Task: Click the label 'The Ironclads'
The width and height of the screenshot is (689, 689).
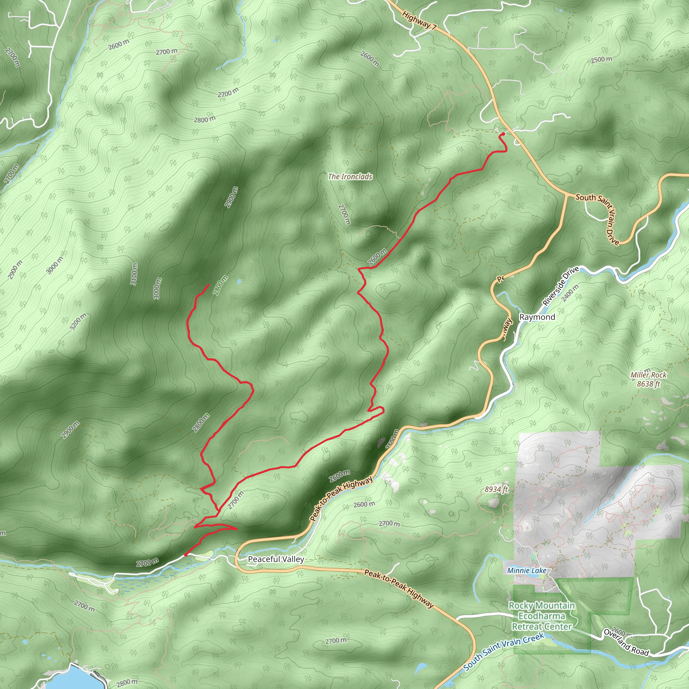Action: tap(350, 177)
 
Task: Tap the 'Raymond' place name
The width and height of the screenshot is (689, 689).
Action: tap(537, 317)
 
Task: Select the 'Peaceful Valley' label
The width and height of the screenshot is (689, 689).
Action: tap(276, 559)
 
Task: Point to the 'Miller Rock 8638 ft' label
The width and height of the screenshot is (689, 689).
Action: tap(648, 379)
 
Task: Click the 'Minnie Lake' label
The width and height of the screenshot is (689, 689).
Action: tap(527, 571)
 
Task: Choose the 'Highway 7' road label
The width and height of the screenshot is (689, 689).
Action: tap(419, 20)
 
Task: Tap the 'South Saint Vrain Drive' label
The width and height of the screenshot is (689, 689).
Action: tap(598, 218)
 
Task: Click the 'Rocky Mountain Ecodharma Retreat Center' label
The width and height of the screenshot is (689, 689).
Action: tap(541, 616)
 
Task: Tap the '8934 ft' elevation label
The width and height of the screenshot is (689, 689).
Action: tap(496, 489)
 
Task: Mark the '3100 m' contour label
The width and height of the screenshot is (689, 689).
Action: tap(134, 274)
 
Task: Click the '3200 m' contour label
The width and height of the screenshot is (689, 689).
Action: tap(78, 322)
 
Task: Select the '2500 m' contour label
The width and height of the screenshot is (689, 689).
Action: tap(601, 60)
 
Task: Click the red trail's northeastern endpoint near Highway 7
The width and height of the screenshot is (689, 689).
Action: tap(503, 134)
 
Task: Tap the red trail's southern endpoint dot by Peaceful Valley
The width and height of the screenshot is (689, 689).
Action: tap(185, 554)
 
